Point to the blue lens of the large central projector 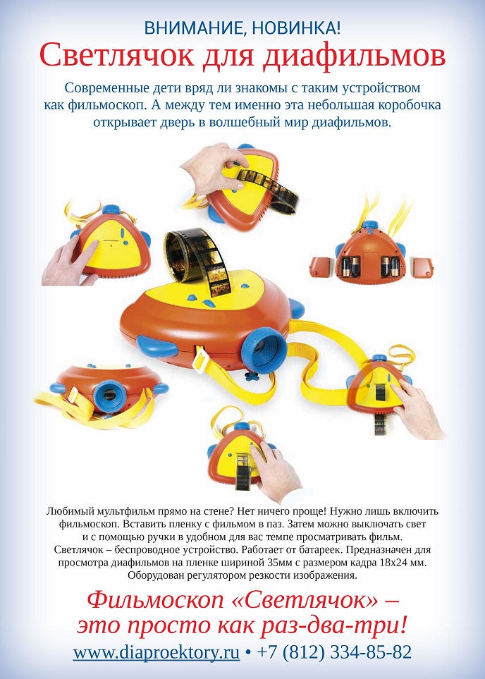pos(264,350)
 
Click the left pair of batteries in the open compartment pos(350,267)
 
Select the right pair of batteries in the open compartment pos(390,267)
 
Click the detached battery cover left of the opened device pos(321,267)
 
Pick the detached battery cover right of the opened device pos(422,268)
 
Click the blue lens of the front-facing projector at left pos(110,396)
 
